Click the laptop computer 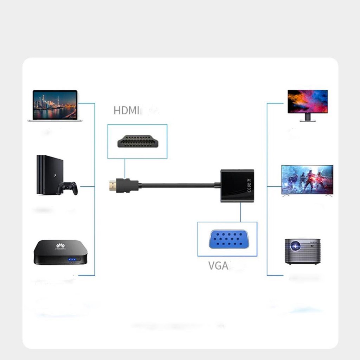(x=55, y=105)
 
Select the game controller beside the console (x=67, y=188)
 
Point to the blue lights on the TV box (x=72, y=260)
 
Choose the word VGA (x=218, y=265)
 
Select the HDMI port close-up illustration (x=137, y=141)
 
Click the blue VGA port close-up (x=227, y=239)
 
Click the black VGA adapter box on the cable (x=237, y=186)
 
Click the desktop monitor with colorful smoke (x=308, y=102)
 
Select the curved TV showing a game (x=307, y=179)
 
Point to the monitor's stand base (x=308, y=120)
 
